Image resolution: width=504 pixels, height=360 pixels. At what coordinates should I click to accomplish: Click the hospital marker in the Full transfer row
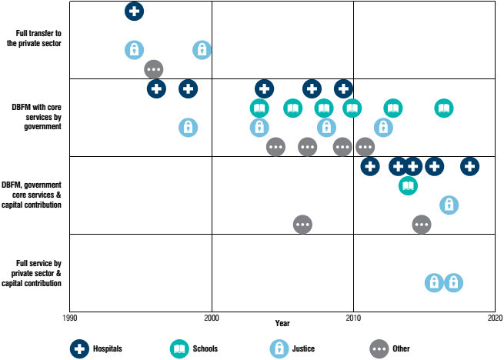tap(134, 11)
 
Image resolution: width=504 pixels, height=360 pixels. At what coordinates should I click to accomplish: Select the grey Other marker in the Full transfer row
tap(154, 69)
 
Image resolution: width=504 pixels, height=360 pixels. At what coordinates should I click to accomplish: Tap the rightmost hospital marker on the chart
tap(470, 165)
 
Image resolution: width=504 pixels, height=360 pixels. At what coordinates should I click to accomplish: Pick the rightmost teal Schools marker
tap(444, 108)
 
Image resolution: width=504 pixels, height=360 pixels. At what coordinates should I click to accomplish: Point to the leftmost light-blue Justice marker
tap(134, 50)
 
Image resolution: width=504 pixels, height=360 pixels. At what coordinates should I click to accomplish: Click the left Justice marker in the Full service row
tap(435, 282)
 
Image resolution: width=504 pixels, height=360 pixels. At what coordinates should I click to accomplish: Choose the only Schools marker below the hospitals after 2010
tap(409, 185)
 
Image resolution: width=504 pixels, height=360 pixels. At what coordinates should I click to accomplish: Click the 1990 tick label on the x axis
tap(69, 318)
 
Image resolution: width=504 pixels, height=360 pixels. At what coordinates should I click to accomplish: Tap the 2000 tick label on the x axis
tap(212, 318)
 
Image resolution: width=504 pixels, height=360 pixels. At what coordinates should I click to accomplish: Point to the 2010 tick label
tap(354, 318)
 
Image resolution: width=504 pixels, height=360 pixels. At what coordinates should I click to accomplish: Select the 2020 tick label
tap(495, 318)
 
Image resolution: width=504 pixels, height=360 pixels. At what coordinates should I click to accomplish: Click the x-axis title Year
tap(282, 322)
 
